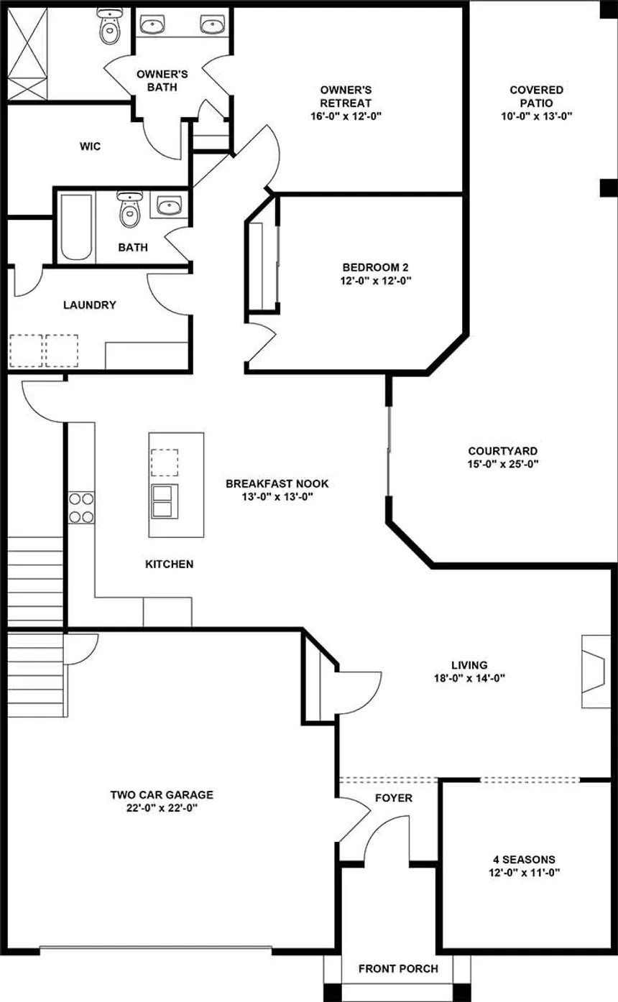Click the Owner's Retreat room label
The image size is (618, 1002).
[346, 96]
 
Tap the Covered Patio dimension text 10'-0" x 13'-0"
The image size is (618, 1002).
[536, 116]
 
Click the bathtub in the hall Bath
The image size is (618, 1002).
[75, 227]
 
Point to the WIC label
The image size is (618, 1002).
[90, 147]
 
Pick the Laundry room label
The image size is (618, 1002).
[89, 305]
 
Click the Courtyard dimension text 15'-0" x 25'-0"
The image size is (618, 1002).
[502, 464]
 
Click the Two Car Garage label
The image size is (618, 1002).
[161, 795]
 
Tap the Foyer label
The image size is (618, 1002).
[393, 798]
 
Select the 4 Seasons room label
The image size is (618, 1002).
[523, 859]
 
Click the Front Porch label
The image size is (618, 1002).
[398, 968]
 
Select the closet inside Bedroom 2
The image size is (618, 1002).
[262, 266]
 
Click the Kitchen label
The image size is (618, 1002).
[169, 564]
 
